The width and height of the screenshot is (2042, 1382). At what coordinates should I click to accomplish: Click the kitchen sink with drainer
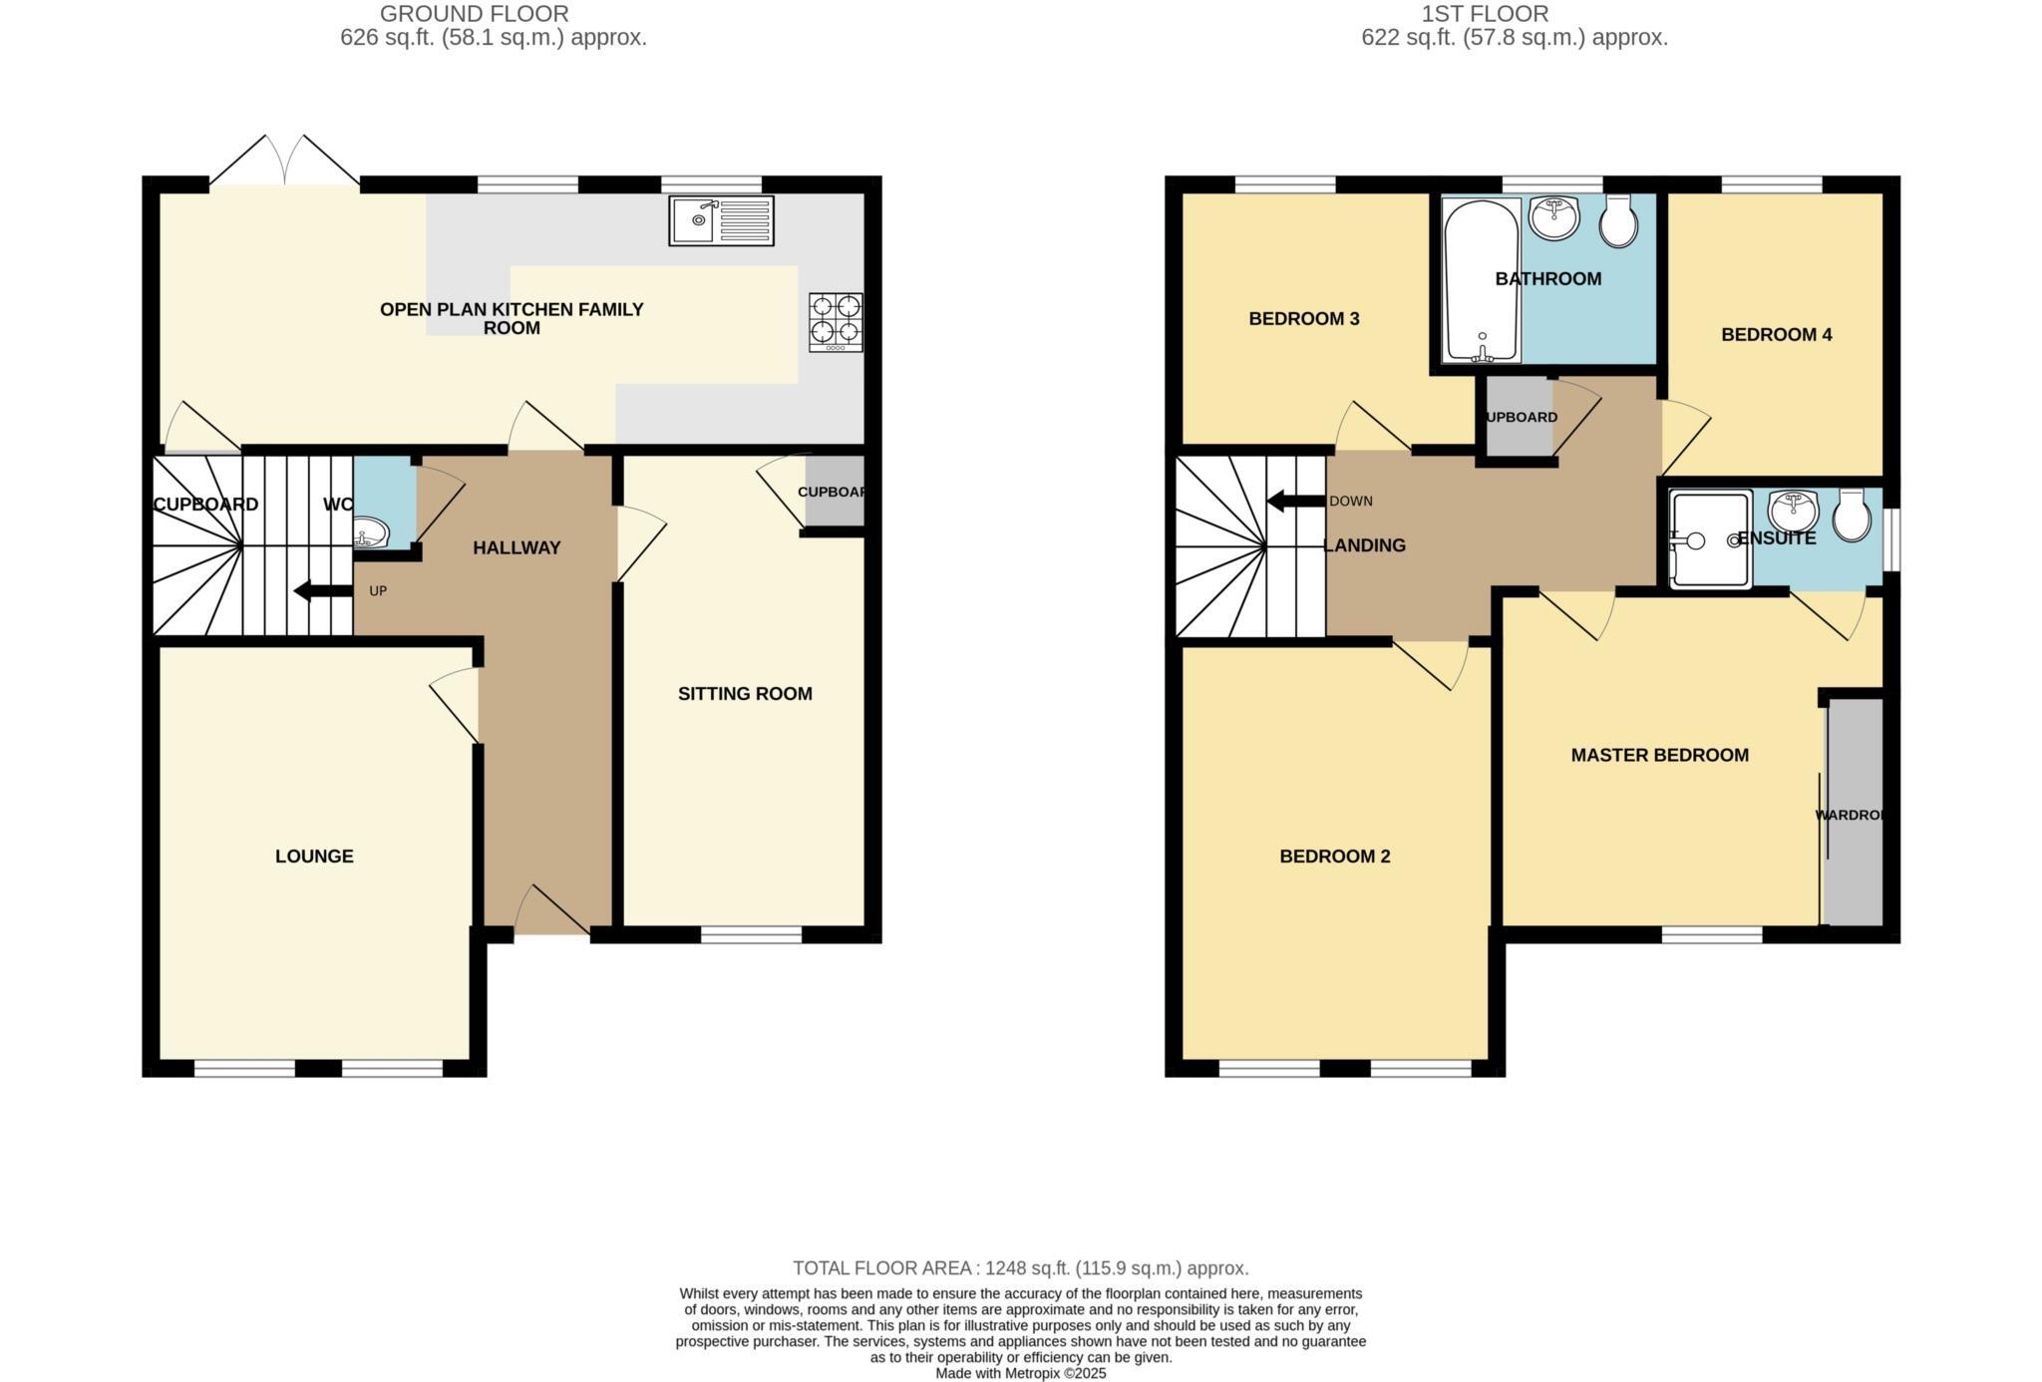coord(721,220)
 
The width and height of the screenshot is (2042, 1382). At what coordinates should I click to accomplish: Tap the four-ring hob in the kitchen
coord(836,321)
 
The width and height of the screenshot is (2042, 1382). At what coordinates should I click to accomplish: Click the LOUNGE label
coord(314,856)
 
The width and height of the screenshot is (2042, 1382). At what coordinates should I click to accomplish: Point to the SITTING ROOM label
coord(745,693)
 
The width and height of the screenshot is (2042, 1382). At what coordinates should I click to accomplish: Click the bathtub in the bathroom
coord(1482,280)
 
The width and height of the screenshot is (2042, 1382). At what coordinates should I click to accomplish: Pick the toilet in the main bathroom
coord(1618,219)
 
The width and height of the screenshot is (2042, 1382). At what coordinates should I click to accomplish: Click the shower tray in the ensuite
coord(1710,539)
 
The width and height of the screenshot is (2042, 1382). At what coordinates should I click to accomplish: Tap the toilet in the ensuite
coord(1852,515)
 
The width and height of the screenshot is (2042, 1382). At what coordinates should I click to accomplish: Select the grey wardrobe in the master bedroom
coord(1854,813)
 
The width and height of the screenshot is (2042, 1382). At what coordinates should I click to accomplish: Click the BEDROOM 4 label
coord(1776,334)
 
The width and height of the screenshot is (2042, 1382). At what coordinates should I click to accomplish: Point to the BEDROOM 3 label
coord(1303,318)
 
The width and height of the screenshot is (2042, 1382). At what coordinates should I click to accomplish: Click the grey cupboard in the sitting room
coord(835,492)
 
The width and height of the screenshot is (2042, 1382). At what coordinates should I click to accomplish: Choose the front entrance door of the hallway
coord(551,909)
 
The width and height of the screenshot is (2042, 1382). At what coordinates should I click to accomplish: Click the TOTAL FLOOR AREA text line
coord(1020,1267)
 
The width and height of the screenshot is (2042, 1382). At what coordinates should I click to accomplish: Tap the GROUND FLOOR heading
coord(474,14)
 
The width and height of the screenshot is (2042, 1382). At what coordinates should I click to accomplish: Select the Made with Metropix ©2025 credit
coord(1020,1373)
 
